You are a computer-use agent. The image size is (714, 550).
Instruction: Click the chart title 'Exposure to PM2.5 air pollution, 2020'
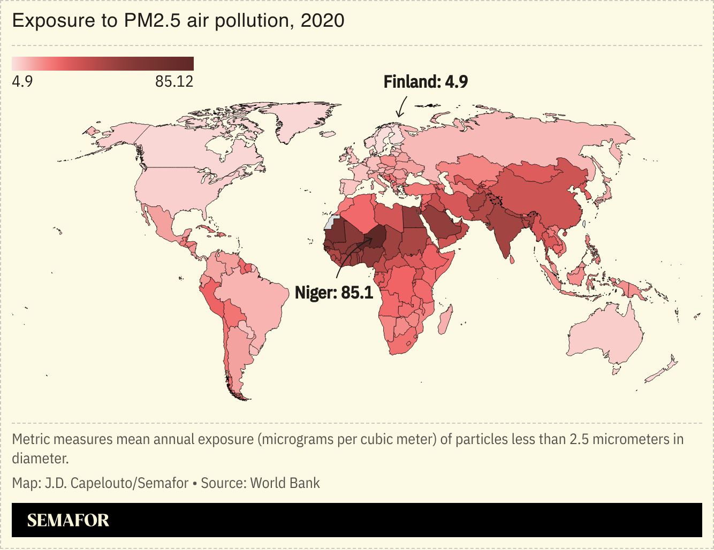click(x=178, y=21)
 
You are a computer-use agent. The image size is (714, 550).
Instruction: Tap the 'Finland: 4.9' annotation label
click(x=426, y=82)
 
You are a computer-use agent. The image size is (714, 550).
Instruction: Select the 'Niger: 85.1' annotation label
click(x=334, y=293)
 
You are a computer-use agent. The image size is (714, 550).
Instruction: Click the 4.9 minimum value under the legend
click(x=22, y=82)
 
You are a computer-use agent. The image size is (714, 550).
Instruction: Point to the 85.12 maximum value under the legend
click(x=174, y=82)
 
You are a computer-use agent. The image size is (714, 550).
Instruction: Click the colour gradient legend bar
click(x=103, y=64)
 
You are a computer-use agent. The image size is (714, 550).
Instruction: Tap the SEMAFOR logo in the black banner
click(x=68, y=520)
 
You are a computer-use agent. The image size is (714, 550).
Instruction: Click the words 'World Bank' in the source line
click(x=285, y=483)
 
